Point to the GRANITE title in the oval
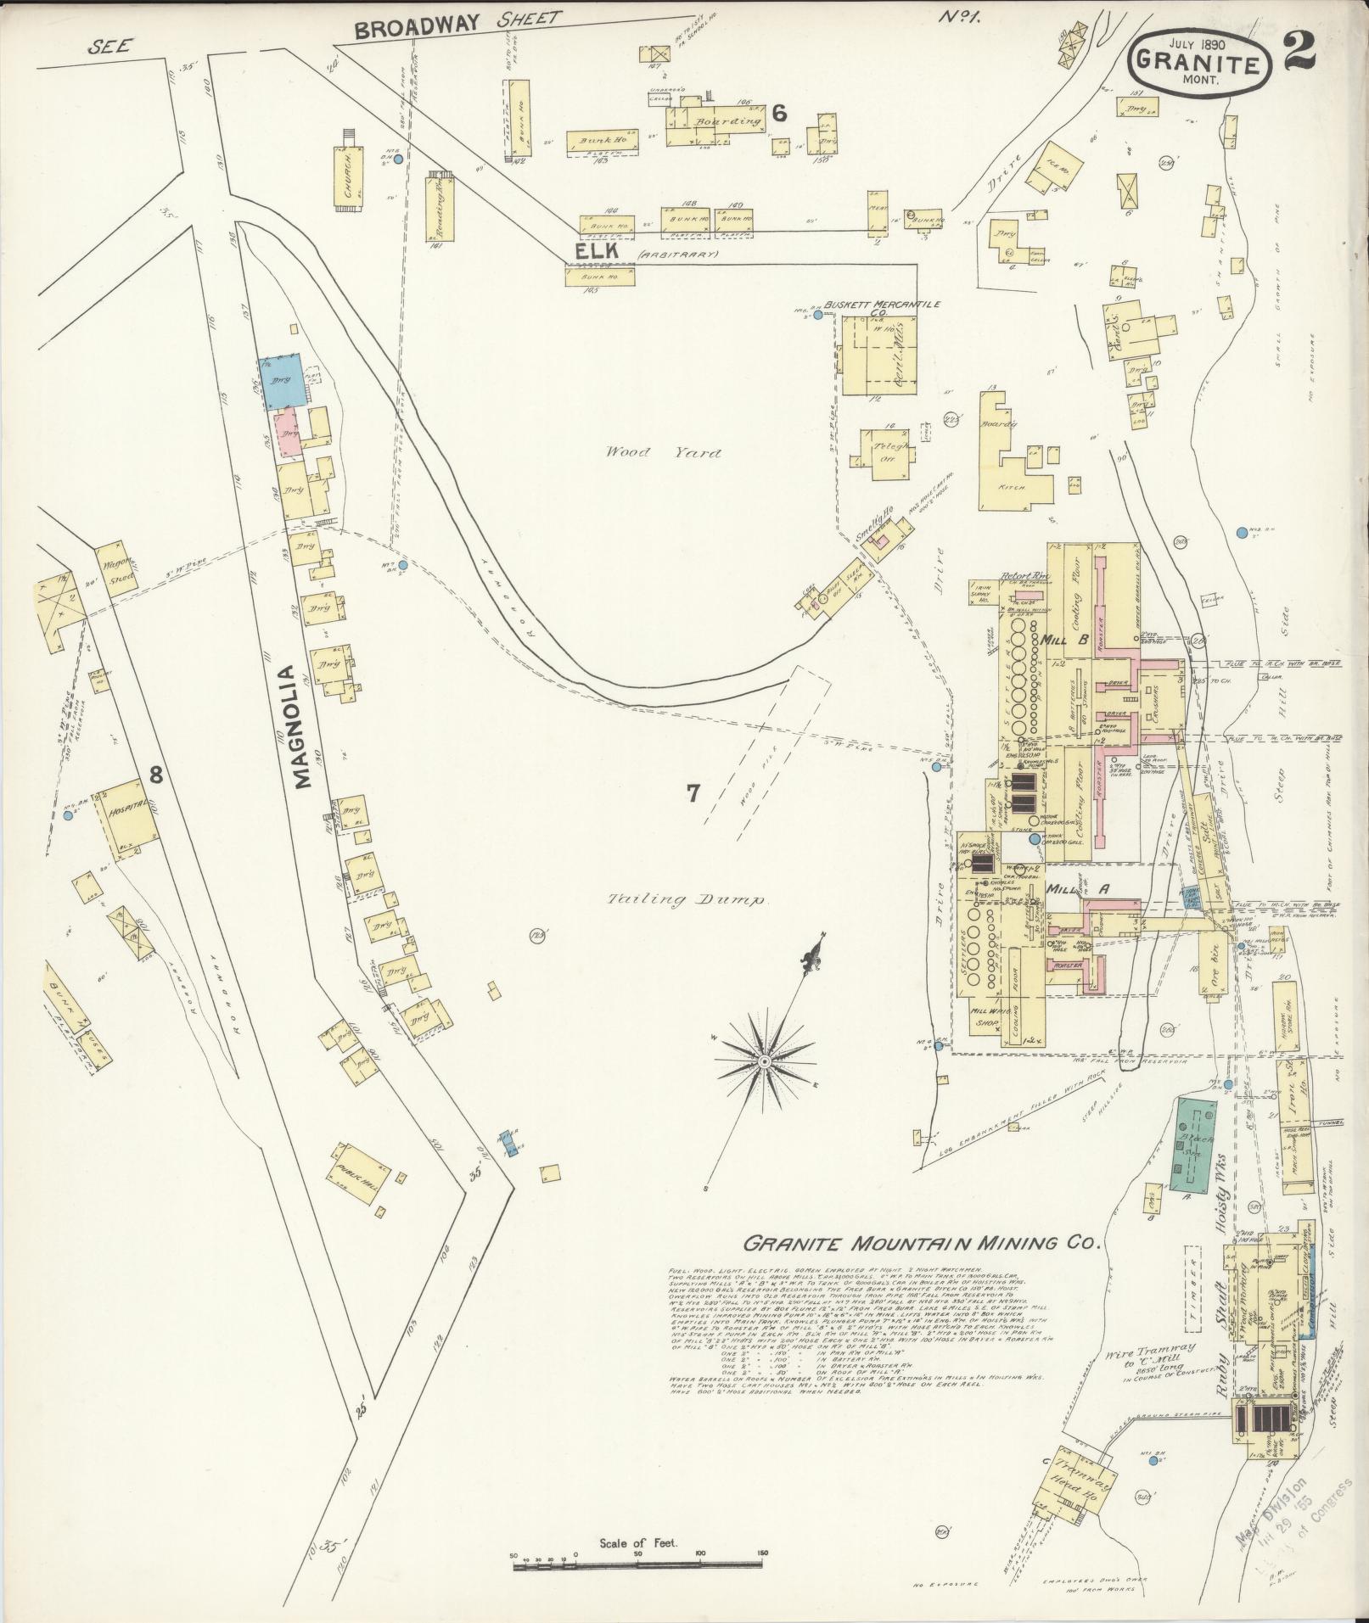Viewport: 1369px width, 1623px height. coord(1198,61)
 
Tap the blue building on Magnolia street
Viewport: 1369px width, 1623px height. coord(282,380)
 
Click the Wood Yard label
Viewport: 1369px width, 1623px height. coord(663,452)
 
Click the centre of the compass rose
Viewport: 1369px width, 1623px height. coord(764,1061)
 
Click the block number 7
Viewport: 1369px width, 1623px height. coord(693,793)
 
